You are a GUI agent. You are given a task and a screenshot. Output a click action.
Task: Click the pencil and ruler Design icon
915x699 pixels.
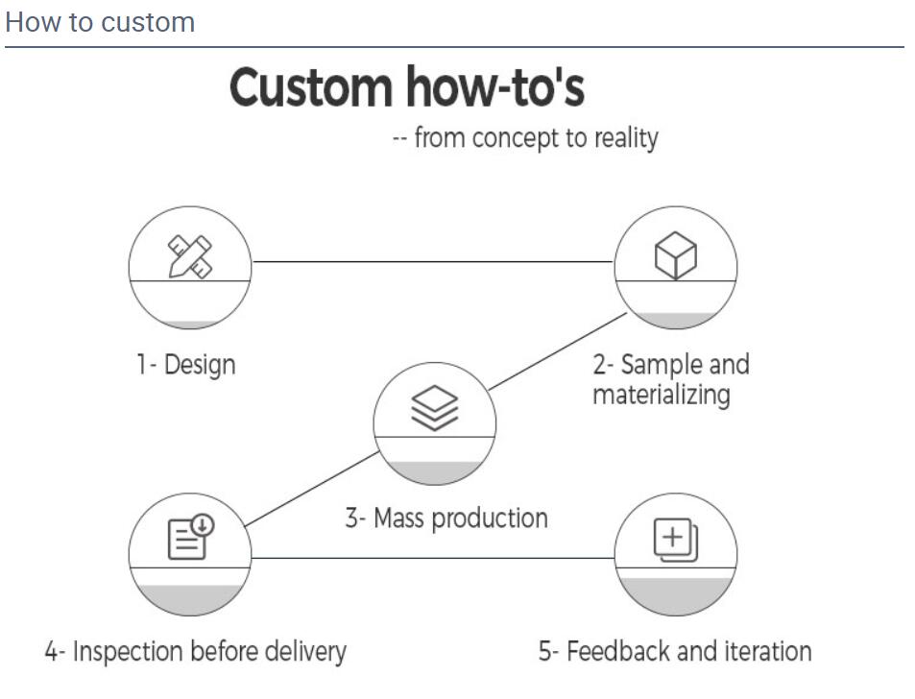[x=190, y=256]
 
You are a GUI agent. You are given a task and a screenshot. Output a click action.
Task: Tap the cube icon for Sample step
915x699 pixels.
[x=675, y=255]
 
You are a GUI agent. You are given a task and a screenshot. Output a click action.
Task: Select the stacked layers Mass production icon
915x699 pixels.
[x=434, y=408]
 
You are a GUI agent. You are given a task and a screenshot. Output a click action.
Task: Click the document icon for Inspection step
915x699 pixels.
[x=191, y=537]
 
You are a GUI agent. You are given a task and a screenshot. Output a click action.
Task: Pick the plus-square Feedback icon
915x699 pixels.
[x=675, y=541]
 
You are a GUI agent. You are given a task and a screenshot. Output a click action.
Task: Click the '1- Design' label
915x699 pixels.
[x=186, y=365]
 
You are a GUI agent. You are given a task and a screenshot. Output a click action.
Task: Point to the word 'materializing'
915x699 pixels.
[x=662, y=395]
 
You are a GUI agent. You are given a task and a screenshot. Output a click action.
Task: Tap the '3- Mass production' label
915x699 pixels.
[x=446, y=518]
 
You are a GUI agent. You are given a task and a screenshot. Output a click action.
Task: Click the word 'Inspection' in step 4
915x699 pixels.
[x=128, y=652]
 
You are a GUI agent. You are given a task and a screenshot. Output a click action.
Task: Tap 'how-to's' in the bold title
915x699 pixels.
[x=495, y=86]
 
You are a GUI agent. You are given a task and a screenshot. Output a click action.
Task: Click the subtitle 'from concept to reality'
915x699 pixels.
[x=537, y=139]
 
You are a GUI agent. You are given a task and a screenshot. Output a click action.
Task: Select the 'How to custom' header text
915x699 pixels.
[x=100, y=23]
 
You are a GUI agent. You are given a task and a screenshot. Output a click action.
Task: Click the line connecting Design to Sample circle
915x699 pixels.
[x=433, y=261]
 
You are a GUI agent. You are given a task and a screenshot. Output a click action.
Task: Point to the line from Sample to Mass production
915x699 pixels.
[x=557, y=351]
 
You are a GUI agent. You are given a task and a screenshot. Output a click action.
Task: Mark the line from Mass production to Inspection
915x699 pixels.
[x=312, y=489]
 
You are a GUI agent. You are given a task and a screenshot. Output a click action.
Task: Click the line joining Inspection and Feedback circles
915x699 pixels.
[x=433, y=558]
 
